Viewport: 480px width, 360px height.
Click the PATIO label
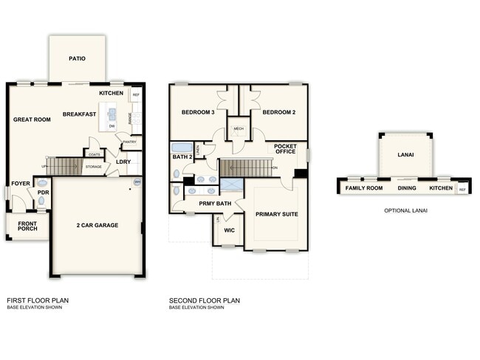pos(78,58)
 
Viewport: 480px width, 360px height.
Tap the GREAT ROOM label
pos(32,119)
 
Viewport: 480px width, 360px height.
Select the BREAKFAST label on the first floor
pos(79,114)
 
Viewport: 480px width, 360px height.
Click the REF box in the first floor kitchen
pos(136,95)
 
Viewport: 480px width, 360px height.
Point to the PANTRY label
pos(130,142)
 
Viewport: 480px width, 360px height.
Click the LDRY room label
pos(123,162)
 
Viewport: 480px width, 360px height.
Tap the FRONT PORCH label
pos(27,226)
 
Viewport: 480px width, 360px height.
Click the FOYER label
pos(20,184)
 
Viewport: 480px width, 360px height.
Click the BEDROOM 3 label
pos(198,112)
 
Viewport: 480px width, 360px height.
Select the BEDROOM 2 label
pos(279,112)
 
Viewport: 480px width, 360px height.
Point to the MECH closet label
pos(238,128)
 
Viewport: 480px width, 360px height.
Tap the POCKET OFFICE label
pos(285,150)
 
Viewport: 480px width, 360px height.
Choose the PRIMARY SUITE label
pos(276,214)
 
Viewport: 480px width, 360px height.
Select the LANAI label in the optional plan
pos(405,154)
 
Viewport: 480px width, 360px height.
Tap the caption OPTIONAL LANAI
pos(405,210)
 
